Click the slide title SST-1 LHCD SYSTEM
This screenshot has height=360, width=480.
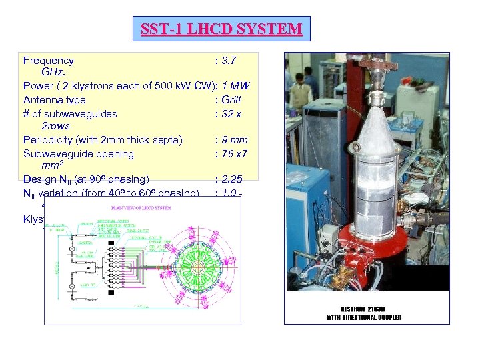221,29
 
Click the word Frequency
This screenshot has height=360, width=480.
49,61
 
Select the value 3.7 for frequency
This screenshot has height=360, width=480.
225,61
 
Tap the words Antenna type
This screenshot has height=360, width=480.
54,100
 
